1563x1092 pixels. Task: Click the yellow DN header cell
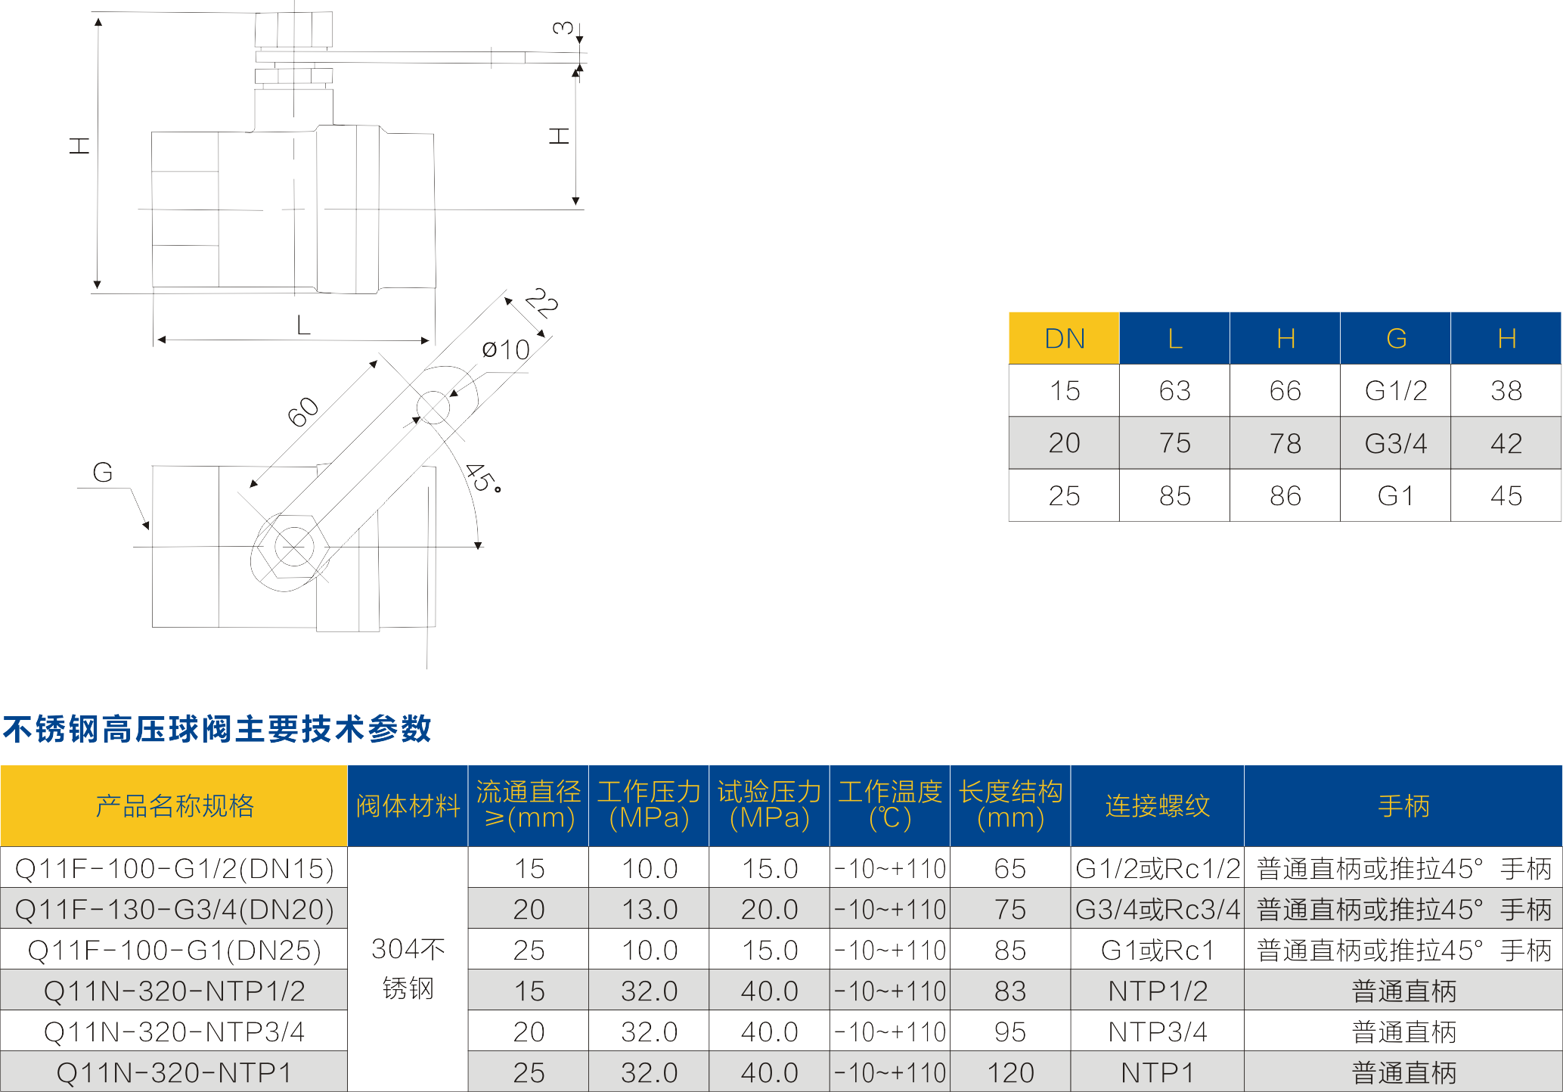pos(1063,338)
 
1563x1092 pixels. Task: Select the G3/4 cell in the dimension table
pos(1395,443)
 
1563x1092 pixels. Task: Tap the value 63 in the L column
pos(1174,391)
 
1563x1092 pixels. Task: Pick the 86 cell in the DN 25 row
pos(1285,496)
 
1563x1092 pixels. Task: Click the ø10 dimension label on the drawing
pos(506,350)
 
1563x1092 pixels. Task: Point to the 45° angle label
pos(482,478)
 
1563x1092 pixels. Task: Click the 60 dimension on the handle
pos(303,412)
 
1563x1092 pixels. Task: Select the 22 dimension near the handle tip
pos(541,303)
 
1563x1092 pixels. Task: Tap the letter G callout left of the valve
pos(102,473)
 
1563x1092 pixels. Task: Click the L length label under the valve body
pos(303,325)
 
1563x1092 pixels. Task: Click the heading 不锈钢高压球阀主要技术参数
pos(217,729)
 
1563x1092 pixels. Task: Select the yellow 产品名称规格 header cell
pos(174,806)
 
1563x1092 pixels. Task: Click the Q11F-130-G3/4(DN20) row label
pos(174,909)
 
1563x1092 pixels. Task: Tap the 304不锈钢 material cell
pos(408,969)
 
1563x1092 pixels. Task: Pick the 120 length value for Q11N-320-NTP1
pos(1010,1072)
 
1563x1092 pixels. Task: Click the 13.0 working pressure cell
pos(649,909)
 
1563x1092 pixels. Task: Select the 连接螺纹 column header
pos(1157,806)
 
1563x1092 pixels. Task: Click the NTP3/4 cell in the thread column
pos(1157,1032)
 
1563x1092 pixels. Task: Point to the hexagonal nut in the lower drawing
pos(293,546)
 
